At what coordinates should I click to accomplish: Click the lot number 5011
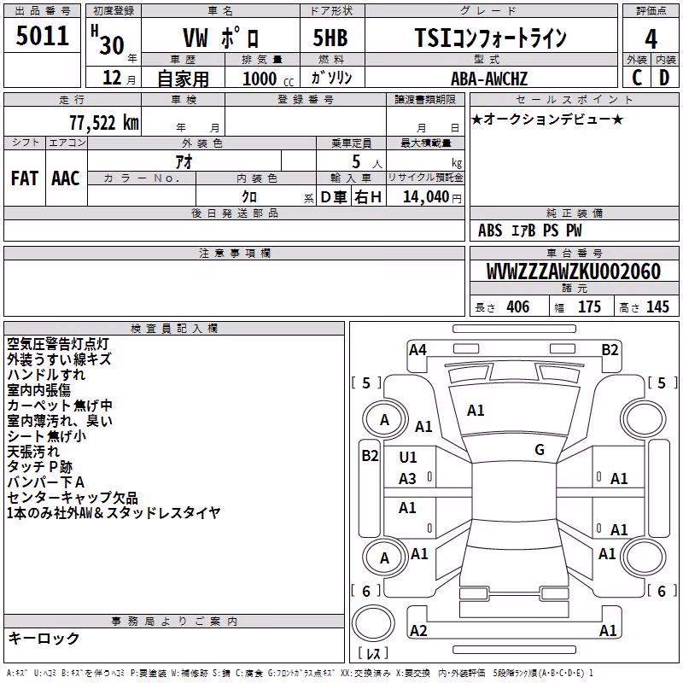42,36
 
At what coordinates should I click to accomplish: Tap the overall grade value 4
651,39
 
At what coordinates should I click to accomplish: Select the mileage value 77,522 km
104,123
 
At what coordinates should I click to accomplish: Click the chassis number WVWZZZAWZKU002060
574,271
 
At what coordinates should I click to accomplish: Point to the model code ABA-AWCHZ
489,79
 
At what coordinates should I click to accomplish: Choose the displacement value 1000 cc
268,79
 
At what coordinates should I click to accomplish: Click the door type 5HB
330,38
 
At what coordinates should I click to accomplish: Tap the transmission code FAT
25,178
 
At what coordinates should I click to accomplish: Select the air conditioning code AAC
66,178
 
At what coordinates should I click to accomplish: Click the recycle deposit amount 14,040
425,197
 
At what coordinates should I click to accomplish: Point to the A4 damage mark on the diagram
417,350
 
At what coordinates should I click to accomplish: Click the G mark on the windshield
540,450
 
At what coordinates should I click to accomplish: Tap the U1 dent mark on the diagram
408,458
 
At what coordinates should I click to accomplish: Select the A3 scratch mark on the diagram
407,479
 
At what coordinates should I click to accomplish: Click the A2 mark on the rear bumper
418,630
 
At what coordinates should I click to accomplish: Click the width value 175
589,307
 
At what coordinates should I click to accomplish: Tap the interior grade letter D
664,78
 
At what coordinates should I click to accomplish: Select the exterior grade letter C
637,78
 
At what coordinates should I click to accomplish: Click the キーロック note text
44,639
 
